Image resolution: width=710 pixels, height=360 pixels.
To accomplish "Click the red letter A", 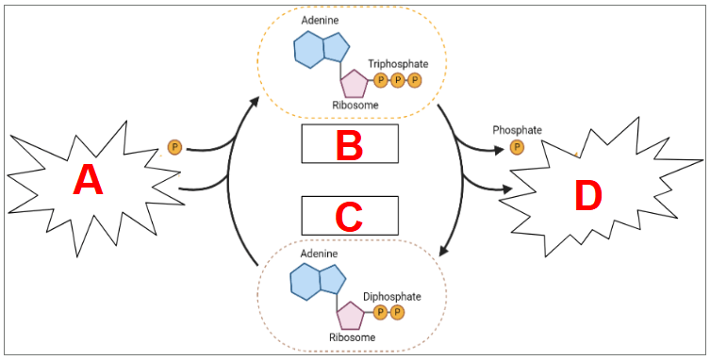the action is pos(88,180).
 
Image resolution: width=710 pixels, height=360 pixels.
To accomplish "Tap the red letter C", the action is pos(349,217).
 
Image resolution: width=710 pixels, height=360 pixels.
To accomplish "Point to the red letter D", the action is pos(588,196).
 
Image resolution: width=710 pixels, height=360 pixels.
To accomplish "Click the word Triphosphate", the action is pos(398,64).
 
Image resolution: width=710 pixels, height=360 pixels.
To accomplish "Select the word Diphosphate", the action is pos(392,297).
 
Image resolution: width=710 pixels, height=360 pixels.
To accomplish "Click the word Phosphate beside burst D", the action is pos(517,130).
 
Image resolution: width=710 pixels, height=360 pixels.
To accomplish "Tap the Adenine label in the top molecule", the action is pos(321,21).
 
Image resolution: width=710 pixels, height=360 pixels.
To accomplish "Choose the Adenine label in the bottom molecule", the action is pos(319,254).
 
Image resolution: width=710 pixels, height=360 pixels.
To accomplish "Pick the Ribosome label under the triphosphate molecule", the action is pos(355,106).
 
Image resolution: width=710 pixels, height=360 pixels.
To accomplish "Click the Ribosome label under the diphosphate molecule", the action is pos(353,337).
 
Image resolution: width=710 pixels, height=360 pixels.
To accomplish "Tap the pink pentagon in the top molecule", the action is pos(355,84).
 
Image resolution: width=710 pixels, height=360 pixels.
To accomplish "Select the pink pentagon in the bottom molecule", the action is pos(351,315).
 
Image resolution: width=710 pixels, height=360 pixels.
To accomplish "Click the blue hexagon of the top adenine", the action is pos(309,49).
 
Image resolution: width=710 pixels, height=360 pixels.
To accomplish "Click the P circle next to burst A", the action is pos(174,147).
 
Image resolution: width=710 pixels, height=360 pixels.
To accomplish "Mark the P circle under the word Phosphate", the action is pos(517,147).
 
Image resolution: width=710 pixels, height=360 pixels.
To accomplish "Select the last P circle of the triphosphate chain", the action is pos(414,81).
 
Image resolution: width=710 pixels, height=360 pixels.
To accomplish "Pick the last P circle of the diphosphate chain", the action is pos(397,312).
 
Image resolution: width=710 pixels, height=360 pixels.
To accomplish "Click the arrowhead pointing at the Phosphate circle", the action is pos(499,151).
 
